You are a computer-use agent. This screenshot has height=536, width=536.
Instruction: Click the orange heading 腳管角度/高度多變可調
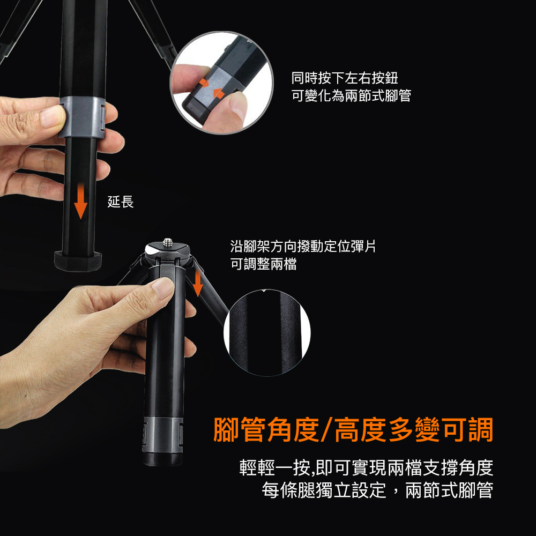coord(353,430)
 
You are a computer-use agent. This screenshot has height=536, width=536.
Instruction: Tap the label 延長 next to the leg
coord(120,202)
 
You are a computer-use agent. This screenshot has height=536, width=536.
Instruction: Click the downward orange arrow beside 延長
coord(81,201)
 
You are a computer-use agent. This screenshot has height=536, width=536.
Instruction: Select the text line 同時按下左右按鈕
coord(345,78)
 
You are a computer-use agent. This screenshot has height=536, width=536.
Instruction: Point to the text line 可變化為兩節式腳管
coord(351,95)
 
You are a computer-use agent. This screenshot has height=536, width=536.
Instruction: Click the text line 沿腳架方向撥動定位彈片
coord(303,246)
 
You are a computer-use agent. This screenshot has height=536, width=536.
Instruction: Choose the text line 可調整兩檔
coord(263,264)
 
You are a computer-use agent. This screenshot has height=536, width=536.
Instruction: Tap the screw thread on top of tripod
coord(167,242)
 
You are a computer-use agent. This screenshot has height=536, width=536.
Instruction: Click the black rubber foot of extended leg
coord(78,262)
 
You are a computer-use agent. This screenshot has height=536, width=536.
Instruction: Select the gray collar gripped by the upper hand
coord(82,117)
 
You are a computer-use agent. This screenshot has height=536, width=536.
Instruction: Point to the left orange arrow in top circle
coord(204,83)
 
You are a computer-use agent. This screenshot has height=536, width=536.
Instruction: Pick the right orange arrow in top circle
coord(219,93)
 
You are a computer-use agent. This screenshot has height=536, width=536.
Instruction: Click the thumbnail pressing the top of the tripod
coord(163,286)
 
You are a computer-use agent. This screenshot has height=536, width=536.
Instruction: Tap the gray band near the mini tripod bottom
coord(163,435)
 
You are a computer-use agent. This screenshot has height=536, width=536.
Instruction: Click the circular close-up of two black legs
coord(267,333)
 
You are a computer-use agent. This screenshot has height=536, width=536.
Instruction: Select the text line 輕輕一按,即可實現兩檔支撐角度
coord(366,467)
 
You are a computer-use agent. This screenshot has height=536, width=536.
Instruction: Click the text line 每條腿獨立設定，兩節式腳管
coord(377,490)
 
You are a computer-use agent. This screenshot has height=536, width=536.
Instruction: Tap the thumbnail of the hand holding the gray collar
coord(53,117)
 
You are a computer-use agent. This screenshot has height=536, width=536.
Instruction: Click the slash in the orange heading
coord(326,430)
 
